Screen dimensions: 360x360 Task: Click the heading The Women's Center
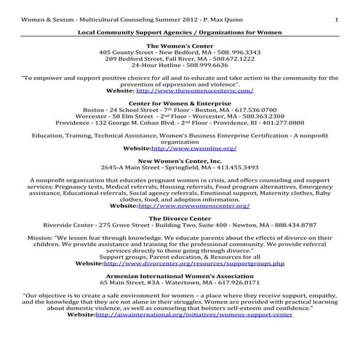(x=180, y=46)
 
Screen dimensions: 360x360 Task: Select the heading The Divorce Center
(x=180, y=217)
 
